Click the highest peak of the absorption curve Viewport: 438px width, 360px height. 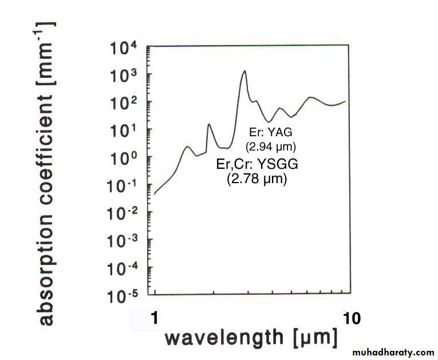point(244,71)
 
